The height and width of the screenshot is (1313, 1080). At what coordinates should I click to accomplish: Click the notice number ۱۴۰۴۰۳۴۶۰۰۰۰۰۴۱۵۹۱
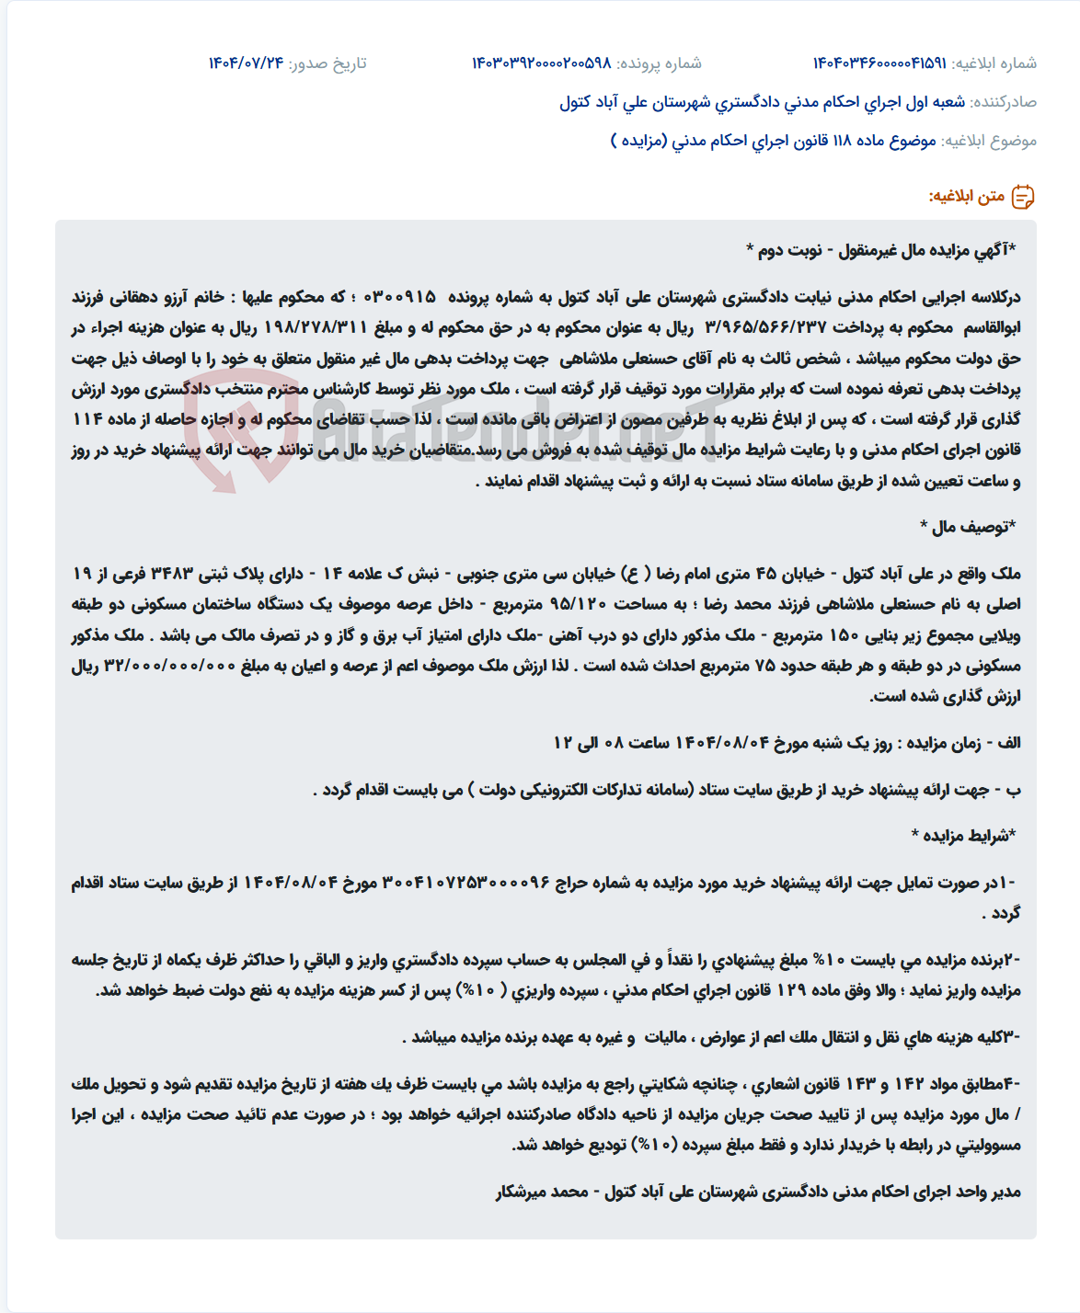(879, 63)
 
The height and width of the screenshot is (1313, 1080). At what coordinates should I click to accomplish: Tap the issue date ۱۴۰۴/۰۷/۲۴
(246, 63)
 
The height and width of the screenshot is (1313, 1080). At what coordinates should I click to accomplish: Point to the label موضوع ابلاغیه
(989, 141)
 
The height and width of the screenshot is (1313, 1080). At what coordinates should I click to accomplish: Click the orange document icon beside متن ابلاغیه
(1023, 196)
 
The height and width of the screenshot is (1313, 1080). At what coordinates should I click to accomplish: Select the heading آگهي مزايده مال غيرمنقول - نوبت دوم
(880, 250)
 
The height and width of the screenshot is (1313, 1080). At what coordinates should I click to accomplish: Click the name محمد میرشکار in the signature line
(542, 1192)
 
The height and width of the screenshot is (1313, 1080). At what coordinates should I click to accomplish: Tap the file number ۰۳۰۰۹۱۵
(400, 297)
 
